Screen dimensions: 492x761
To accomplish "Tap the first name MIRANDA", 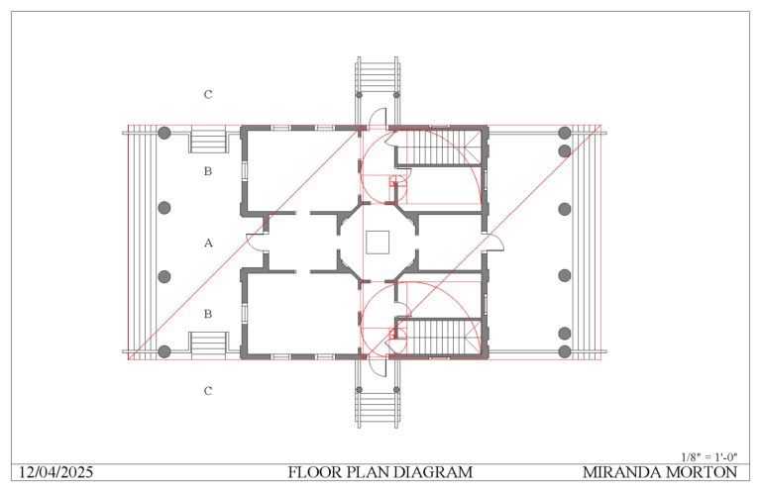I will (622, 472).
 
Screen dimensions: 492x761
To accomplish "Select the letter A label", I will (208, 243).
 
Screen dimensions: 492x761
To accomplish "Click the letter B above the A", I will (208, 171).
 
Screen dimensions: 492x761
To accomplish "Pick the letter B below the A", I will (208, 314).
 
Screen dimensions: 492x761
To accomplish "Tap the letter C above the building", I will (208, 95).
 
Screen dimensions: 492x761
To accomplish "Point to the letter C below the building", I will (208, 391).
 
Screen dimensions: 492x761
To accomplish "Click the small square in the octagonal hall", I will (377, 243).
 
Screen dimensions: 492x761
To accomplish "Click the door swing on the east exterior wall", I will (493, 244).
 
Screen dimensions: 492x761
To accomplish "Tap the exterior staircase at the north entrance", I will (379, 73).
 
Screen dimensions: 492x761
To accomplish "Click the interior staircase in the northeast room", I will (437, 149).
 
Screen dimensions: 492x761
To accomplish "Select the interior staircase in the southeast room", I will (437, 337).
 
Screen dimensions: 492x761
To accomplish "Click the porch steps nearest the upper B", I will (209, 141).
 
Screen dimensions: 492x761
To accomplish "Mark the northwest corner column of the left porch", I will (165, 133).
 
